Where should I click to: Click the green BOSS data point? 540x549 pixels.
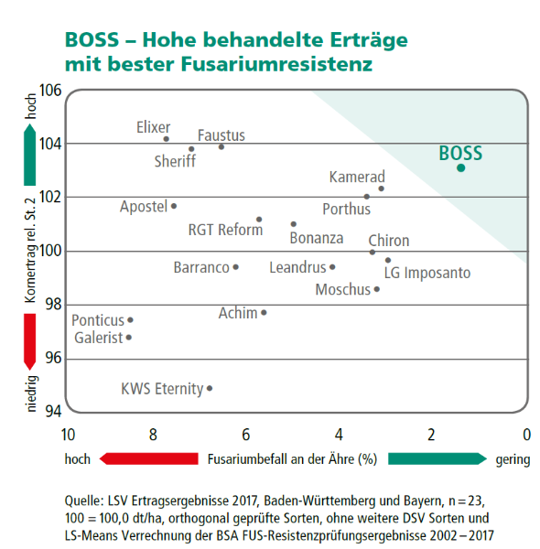click(460, 167)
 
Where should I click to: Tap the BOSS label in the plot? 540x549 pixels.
click(460, 152)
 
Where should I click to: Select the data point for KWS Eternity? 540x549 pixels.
click(210, 388)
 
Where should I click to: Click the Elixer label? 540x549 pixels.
click(153, 127)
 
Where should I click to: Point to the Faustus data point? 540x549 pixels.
click(221, 146)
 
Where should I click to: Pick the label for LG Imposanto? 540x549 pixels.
click(427, 273)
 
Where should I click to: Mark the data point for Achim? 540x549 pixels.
click(264, 313)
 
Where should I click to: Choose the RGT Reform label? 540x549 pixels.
click(225, 230)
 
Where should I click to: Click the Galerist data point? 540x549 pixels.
click(129, 338)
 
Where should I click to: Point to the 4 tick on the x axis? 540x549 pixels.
click(338, 435)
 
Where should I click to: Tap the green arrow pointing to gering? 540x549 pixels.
click(437, 458)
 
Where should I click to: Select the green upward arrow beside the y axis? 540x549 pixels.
click(30, 156)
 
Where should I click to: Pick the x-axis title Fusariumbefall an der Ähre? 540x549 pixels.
click(292, 459)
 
